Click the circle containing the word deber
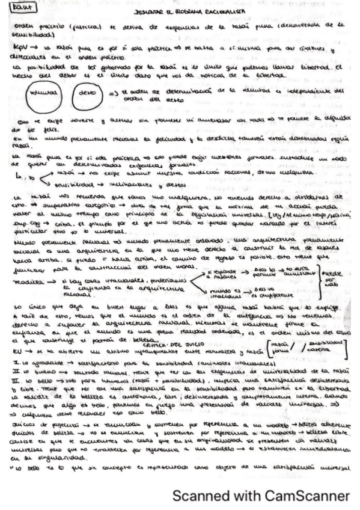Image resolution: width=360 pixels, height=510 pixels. pos(88,95)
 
